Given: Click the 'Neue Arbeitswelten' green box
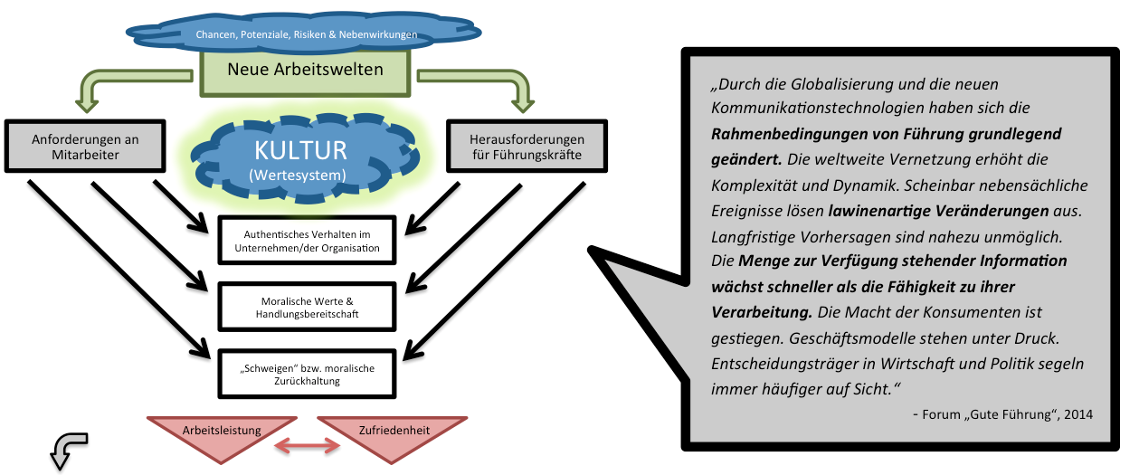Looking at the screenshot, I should coord(305,70).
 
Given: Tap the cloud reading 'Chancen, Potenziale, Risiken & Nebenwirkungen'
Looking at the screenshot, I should coord(306,35).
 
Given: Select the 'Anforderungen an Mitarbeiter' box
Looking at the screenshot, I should coord(86,147).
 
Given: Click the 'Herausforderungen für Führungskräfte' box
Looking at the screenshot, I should coord(527,147).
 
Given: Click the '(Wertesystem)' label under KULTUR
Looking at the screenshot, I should coord(300,173).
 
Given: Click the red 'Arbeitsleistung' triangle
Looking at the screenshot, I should coord(222,432).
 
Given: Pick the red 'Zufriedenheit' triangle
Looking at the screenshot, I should coord(392,432).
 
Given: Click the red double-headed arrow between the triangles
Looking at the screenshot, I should coord(307,444).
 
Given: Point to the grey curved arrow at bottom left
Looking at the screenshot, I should coord(67,449).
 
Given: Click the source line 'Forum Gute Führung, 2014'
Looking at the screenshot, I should coord(1002,414).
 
